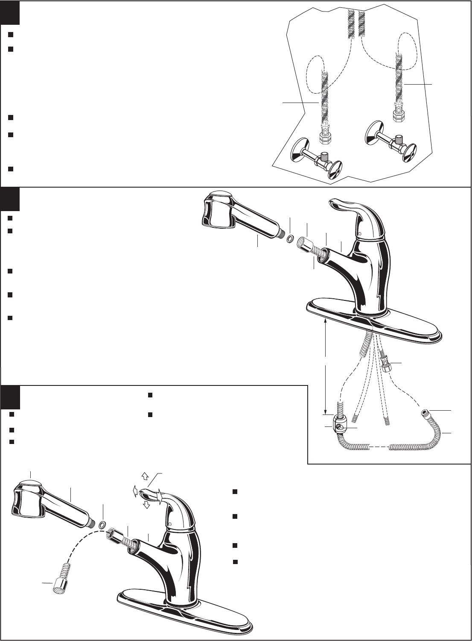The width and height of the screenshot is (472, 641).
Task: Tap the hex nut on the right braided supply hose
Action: (x=398, y=115)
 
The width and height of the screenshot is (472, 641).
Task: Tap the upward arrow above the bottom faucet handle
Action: (x=144, y=475)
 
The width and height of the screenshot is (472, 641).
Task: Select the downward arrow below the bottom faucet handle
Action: (x=146, y=505)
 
